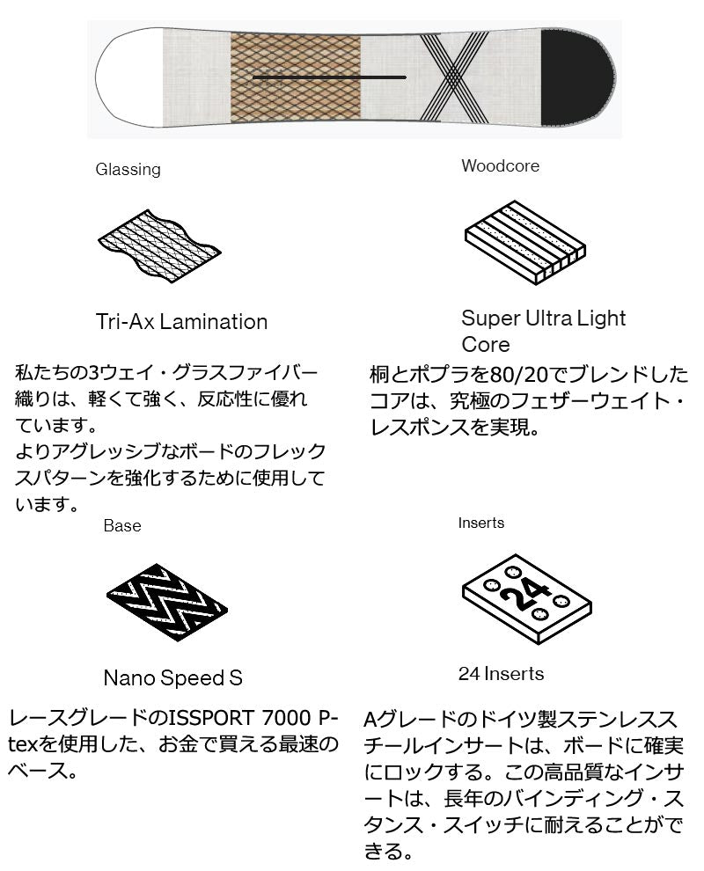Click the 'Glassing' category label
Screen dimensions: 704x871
click(x=128, y=170)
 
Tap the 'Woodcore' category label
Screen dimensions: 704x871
click(x=500, y=165)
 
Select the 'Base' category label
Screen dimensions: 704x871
click(x=122, y=525)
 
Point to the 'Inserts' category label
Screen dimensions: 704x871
click(x=481, y=523)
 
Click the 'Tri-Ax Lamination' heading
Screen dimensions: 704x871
click(x=181, y=322)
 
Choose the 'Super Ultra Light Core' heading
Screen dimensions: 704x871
click(x=544, y=331)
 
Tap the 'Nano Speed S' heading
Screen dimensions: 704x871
click(x=172, y=677)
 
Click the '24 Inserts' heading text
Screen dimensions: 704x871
click(x=501, y=674)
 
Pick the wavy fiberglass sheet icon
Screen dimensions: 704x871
click(x=159, y=245)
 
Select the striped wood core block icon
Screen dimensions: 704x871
click(x=525, y=243)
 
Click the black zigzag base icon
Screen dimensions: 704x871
click(x=166, y=602)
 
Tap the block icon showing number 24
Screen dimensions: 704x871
click(x=527, y=599)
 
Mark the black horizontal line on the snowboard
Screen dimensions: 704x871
click(x=329, y=77)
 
